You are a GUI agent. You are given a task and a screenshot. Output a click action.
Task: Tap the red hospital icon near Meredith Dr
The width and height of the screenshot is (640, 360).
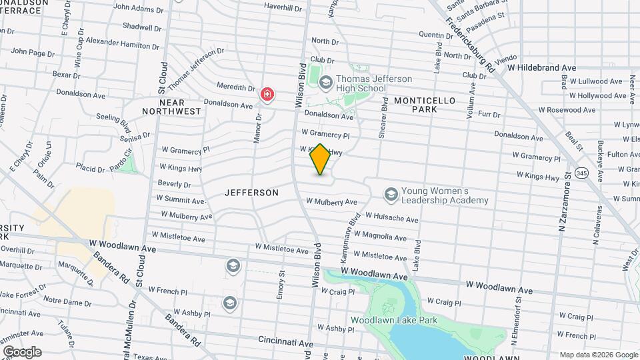[267, 95]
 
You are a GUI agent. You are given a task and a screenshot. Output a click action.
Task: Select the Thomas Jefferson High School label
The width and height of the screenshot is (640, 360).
[361, 83]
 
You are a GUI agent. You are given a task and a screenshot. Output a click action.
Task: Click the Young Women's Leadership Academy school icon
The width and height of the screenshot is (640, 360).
[391, 194]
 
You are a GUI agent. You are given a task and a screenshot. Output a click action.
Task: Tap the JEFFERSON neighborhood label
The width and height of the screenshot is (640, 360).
[251, 193]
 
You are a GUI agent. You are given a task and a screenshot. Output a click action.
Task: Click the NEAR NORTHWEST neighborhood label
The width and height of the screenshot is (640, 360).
[171, 107]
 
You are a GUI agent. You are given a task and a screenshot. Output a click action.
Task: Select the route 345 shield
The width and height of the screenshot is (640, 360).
[582, 172]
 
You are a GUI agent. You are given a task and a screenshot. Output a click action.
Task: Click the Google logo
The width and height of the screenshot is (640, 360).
[21, 351]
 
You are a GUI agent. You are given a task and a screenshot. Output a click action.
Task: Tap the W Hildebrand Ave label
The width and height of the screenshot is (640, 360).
[541, 68]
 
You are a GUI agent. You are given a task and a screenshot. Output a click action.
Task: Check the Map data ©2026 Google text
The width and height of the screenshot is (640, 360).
[598, 354]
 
